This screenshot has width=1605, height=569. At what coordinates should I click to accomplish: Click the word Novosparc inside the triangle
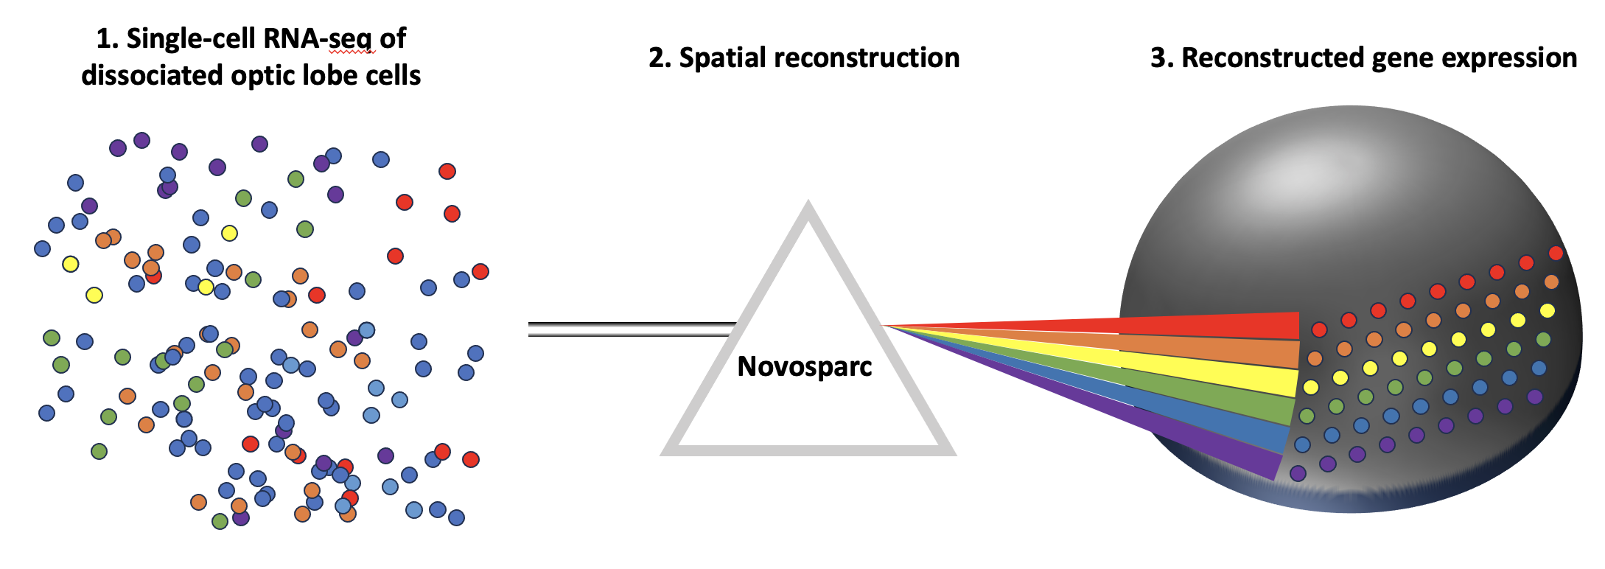pos(804,366)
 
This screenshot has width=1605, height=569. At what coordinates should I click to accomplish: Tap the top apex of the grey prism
pos(808,206)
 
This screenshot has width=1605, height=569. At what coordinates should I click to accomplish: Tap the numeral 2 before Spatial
pos(657,57)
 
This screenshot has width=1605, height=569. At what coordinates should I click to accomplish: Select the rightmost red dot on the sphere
pos(1556,253)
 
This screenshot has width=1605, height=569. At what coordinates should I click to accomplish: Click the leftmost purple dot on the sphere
pos(1298,473)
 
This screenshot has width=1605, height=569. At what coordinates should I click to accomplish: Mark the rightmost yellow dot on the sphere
pos(1547,310)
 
